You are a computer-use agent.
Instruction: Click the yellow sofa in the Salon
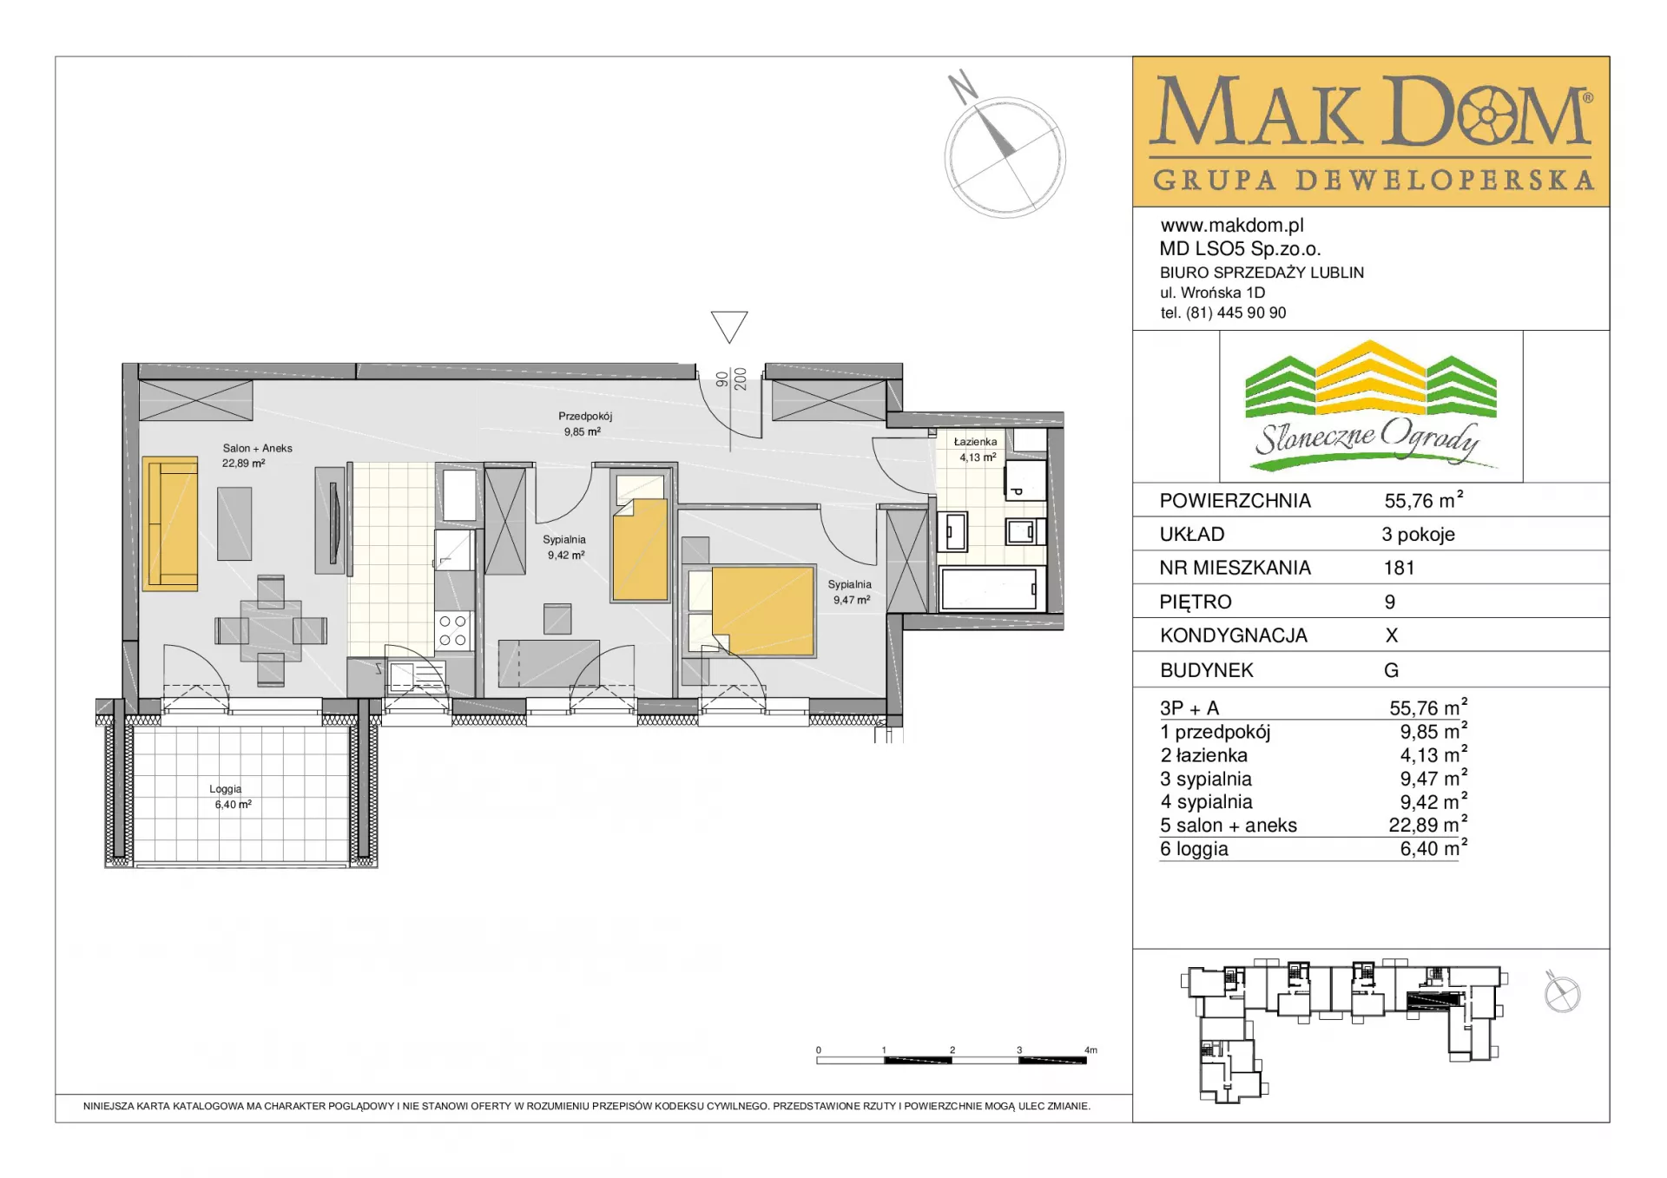tap(170, 523)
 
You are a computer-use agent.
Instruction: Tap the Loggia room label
tap(225, 789)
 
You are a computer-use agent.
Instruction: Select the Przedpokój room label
tap(585, 417)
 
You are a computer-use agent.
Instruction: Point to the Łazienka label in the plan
tap(975, 442)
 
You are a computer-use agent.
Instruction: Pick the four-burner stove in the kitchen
tap(452, 631)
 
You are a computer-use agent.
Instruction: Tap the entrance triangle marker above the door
tap(729, 326)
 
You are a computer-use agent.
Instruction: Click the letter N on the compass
tap(963, 86)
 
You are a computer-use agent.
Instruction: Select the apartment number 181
tap(1399, 568)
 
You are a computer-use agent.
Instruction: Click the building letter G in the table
tap(1391, 670)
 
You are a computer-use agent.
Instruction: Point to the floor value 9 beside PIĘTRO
tap(1390, 602)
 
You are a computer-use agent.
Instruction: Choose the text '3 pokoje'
tap(1419, 535)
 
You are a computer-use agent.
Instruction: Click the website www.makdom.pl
tap(1232, 226)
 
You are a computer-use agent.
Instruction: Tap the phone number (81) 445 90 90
tap(1236, 313)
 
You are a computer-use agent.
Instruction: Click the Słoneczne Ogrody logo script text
tap(1367, 437)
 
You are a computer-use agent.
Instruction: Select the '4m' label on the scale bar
tap(1090, 1050)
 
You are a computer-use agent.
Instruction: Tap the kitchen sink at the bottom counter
tap(416, 676)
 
